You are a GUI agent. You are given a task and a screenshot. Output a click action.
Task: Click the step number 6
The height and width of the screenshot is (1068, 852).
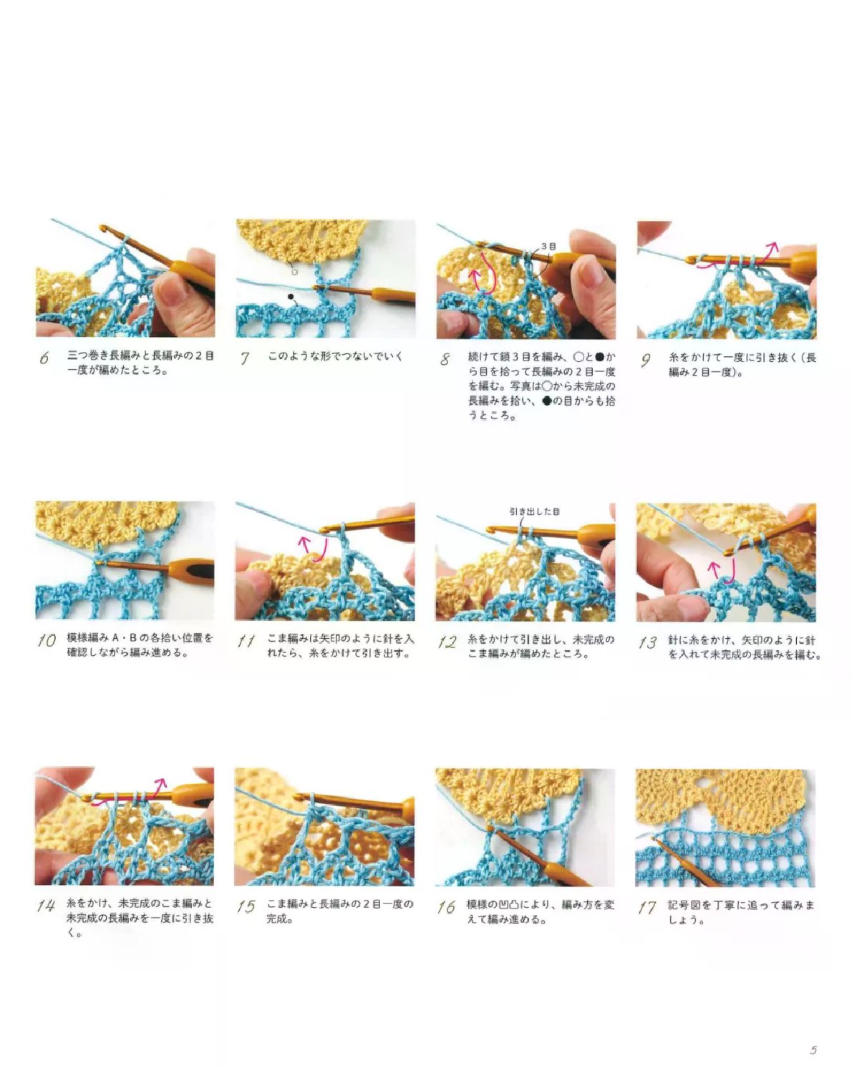point(44,358)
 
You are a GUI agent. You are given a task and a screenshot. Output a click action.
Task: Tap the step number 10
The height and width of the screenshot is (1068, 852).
point(47,641)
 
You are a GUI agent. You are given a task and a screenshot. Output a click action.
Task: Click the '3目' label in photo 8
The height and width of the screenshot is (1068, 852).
point(548,246)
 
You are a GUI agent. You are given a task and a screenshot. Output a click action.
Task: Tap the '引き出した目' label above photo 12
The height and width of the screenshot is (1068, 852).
point(534,511)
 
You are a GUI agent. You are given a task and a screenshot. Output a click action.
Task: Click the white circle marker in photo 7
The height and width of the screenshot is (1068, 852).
point(294,272)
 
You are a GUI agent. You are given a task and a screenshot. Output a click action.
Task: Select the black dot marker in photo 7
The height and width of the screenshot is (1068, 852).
point(290,296)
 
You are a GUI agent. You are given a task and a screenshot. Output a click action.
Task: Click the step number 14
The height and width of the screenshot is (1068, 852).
point(45,906)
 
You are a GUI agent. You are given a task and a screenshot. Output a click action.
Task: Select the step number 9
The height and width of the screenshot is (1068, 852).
point(645,359)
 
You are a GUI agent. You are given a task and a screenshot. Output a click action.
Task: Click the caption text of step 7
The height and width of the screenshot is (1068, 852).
point(335,356)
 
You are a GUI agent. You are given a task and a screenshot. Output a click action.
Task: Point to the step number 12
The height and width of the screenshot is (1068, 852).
point(447,642)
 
